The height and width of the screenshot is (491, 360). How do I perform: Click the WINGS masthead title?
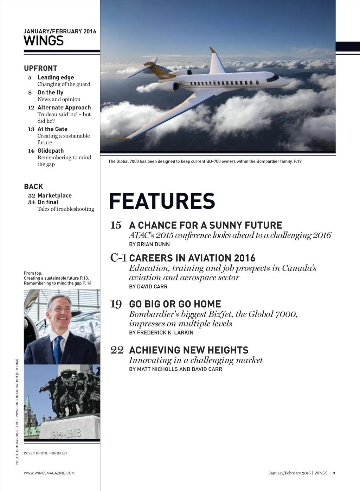(44, 41)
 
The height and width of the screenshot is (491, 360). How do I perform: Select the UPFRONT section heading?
(40, 68)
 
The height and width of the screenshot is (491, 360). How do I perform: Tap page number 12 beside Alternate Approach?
(31, 108)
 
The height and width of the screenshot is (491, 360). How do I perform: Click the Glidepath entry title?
(51, 151)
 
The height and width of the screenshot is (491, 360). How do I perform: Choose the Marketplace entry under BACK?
(54, 196)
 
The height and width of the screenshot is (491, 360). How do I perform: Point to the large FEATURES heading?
(162, 201)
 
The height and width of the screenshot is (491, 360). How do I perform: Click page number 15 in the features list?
(116, 225)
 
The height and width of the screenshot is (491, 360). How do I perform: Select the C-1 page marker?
(118, 258)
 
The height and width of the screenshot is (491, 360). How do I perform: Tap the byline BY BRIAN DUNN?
(149, 244)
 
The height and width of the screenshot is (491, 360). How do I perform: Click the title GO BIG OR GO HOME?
(175, 304)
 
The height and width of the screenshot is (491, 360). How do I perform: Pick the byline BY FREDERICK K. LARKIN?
(161, 332)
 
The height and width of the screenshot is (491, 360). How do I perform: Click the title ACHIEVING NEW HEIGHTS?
(189, 350)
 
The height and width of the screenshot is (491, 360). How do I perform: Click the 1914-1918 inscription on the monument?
(65, 434)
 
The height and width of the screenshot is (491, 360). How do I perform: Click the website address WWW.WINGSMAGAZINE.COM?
(49, 473)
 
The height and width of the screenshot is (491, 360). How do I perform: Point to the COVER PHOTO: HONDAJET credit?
(45, 453)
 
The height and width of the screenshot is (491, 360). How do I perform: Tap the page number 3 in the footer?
(334, 473)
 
